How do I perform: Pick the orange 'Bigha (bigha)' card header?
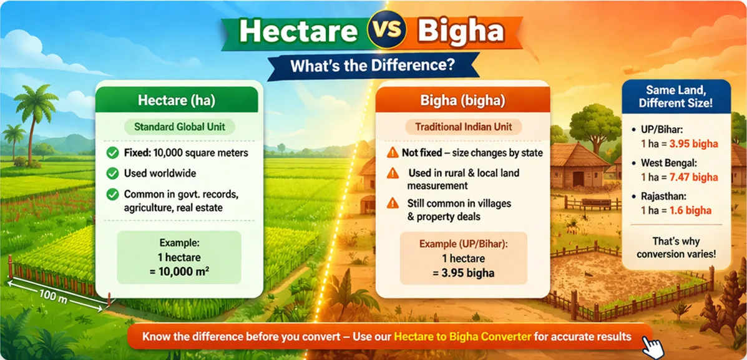pyautogui.click(x=462, y=100)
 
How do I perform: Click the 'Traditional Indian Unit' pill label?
pyautogui.click(x=464, y=127)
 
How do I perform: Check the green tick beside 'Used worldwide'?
pyautogui.click(x=112, y=173)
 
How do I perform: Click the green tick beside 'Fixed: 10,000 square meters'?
pyautogui.click(x=112, y=153)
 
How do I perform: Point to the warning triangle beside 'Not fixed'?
pyautogui.click(x=393, y=153)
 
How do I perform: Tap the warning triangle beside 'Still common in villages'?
pyautogui.click(x=393, y=203)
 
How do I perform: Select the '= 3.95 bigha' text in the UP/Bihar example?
pyautogui.click(x=463, y=273)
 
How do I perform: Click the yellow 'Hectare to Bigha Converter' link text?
pyautogui.click(x=462, y=337)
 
